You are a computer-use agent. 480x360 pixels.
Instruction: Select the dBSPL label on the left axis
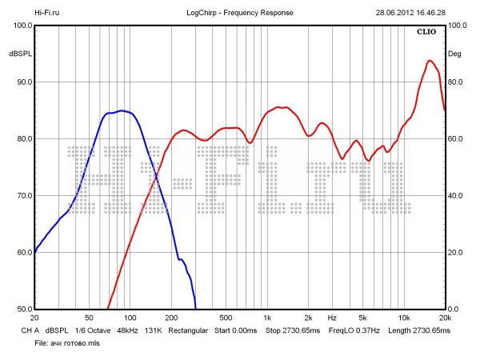(20, 54)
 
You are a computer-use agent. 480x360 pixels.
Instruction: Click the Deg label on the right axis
(454, 54)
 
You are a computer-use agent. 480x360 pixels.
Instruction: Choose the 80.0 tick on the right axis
(456, 82)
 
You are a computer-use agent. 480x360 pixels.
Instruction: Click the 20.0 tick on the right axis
(456, 253)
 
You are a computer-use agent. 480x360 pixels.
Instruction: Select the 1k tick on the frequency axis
(267, 318)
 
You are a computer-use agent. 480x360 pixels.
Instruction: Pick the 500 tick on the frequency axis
(226, 318)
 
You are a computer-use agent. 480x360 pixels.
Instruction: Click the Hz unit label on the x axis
(332, 318)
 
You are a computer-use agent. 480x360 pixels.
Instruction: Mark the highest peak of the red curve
(430, 61)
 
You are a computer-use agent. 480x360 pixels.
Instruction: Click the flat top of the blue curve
(120, 111)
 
